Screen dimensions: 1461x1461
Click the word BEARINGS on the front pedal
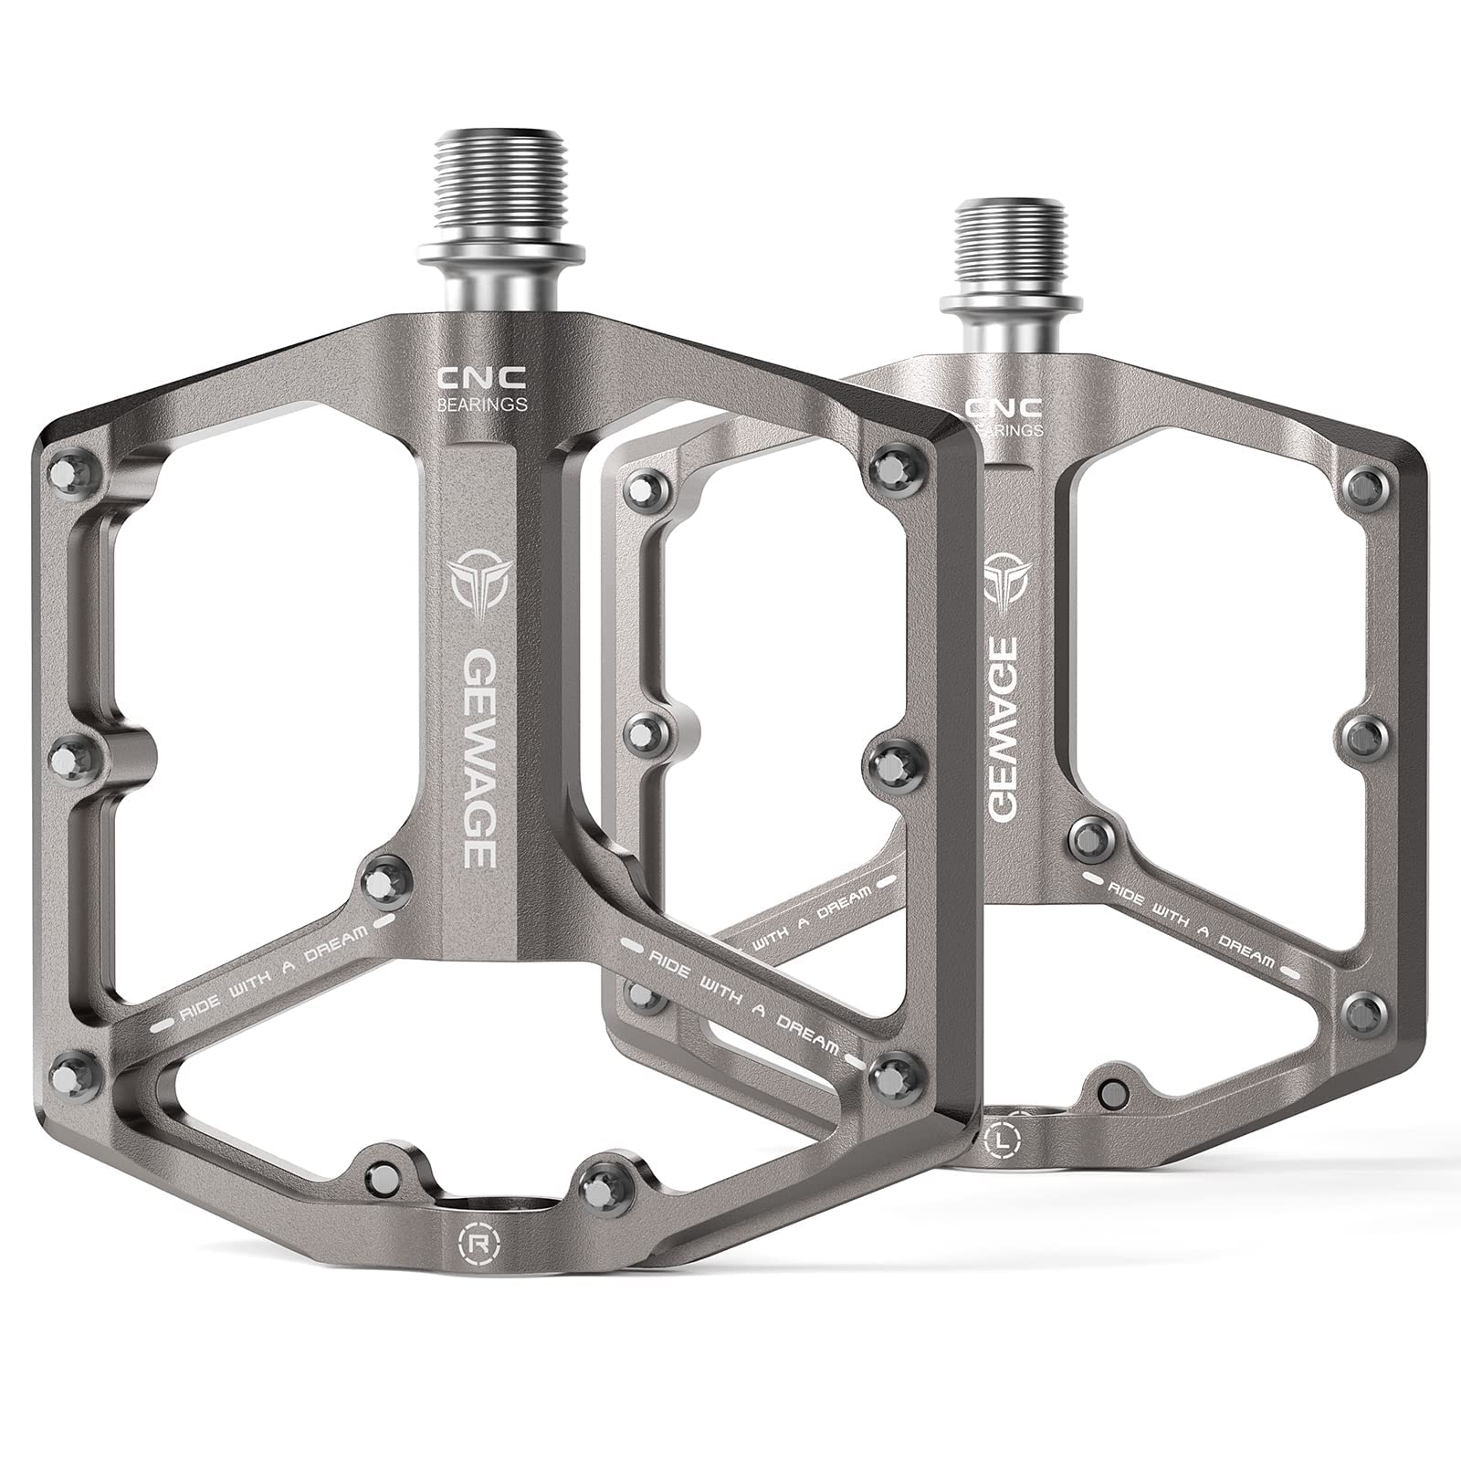coord(481,403)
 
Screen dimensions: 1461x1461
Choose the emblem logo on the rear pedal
coord(1006,575)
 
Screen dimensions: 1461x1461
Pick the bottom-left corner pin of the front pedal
coord(74,1069)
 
